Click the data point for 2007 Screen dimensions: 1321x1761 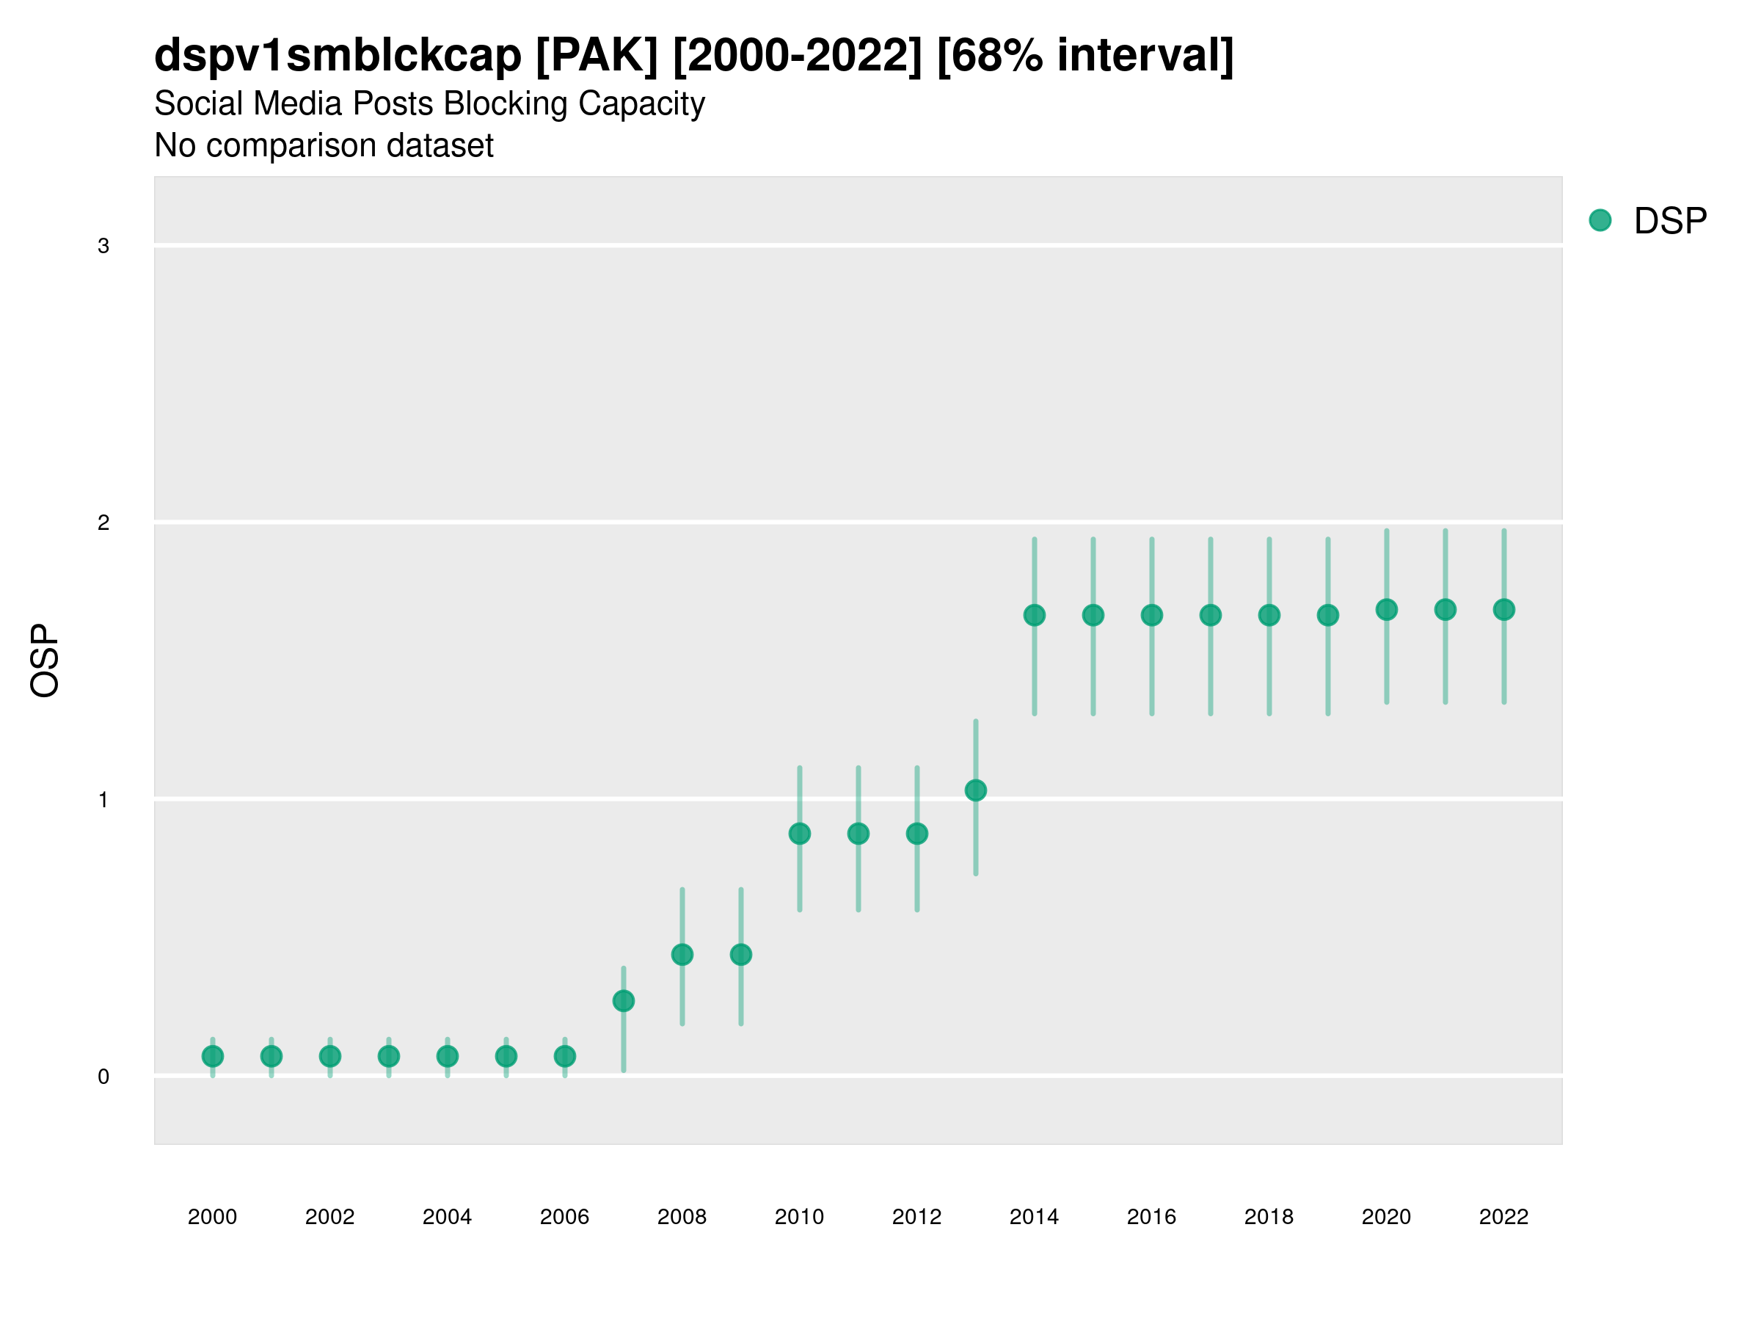pyautogui.click(x=624, y=1001)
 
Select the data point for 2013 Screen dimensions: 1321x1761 pyautogui.click(x=975, y=790)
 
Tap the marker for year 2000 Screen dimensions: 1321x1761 pyautogui.click(x=213, y=1057)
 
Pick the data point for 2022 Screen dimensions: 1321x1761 pyautogui.click(x=1504, y=610)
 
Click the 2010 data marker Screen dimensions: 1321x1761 pyautogui.click(x=799, y=834)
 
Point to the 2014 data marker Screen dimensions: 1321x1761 pyautogui.click(x=1034, y=616)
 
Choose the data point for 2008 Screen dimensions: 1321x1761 pyautogui.click(x=682, y=955)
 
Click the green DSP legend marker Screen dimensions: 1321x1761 pyautogui.click(x=1600, y=221)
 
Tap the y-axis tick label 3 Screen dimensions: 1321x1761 pyautogui.click(x=103, y=246)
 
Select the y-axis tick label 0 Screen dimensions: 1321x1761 pyautogui.click(x=103, y=1077)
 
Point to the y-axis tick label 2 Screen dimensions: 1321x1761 pyautogui.click(x=103, y=523)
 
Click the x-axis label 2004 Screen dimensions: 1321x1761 pyautogui.click(x=448, y=1218)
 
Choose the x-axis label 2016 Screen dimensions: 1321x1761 pyautogui.click(x=1152, y=1218)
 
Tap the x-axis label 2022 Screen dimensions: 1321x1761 pyautogui.click(x=1504, y=1218)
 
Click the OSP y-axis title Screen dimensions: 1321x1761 pyautogui.click(x=45, y=661)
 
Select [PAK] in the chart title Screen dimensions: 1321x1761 pyautogui.click(x=597, y=56)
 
